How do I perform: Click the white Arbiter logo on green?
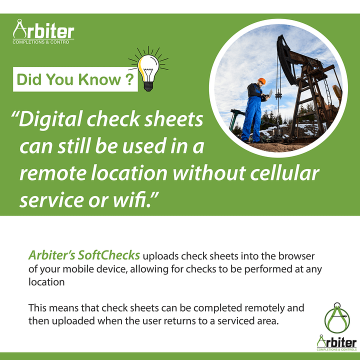pyautogui.click(x=43, y=31)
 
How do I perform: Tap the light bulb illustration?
pyautogui.click(x=148, y=69)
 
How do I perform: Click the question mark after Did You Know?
pyautogui.click(x=129, y=79)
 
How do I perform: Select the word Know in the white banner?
pyautogui.click(x=99, y=79)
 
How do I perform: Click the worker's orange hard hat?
pyautogui.click(x=261, y=81)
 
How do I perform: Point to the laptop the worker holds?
pyautogui.click(x=269, y=94)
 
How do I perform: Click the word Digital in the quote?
pyautogui.click(x=50, y=119)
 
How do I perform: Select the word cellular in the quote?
pyautogui.click(x=284, y=173)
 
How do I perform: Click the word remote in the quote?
pyautogui.click(x=53, y=174)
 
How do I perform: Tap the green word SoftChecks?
pyautogui.click(x=109, y=255)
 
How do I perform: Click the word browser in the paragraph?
pyautogui.click(x=296, y=256)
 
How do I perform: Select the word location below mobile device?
pyautogui.click(x=46, y=282)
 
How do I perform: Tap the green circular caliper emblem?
pyautogui.click(x=337, y=318)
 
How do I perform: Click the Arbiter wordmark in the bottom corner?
pyautogui.click(x=337, y=342)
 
